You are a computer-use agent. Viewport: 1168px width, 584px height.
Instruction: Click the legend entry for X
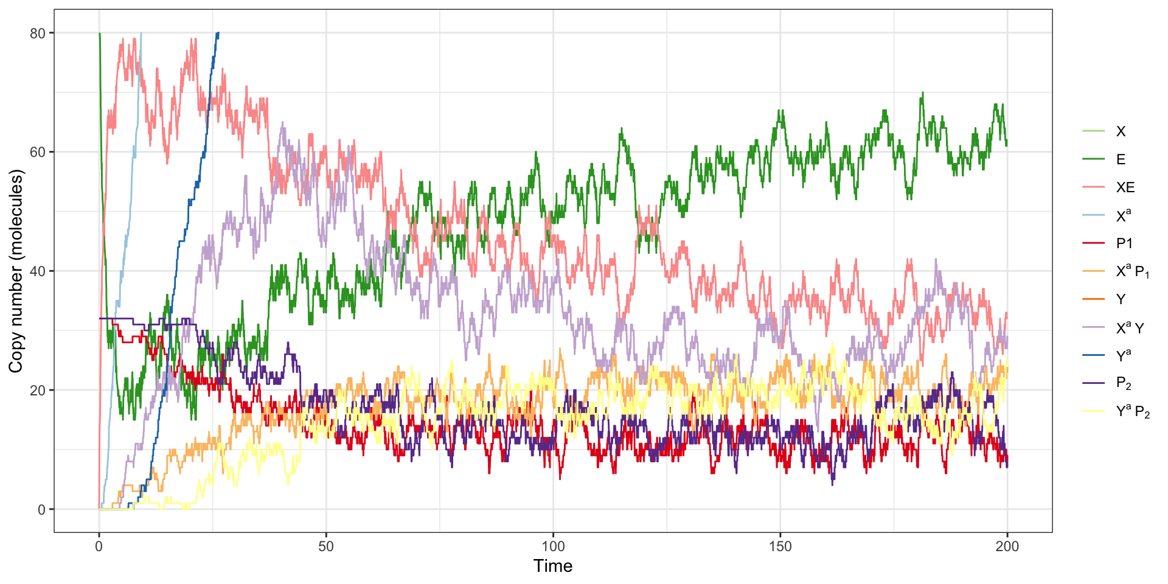1121,131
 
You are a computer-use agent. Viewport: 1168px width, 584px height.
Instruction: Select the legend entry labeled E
1121,159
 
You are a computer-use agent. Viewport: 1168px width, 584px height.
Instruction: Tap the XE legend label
1125,187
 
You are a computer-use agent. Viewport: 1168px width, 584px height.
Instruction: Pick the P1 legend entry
1124,243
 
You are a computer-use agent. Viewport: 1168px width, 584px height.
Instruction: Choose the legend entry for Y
1121,299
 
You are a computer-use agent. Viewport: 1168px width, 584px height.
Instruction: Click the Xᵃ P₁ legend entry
1132,271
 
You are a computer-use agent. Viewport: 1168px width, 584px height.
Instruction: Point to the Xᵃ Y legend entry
1130,328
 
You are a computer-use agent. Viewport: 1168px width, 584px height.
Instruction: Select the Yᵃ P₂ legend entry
1132,412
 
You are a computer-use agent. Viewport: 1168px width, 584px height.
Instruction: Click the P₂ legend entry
1124,384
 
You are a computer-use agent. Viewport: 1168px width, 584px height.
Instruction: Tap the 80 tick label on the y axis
38,33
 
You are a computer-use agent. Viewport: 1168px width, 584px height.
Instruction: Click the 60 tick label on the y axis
38,152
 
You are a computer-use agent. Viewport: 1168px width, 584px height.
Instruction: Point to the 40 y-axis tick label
38,271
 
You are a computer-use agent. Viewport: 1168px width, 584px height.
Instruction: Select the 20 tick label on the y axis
38,391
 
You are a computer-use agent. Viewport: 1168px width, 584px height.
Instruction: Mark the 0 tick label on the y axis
41,510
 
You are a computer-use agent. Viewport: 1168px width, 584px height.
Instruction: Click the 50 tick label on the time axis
326,546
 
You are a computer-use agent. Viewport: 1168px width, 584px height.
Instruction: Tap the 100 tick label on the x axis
553,546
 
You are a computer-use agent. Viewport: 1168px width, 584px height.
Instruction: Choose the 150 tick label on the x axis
780,546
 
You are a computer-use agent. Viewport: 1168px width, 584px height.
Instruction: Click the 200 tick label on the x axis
1007,546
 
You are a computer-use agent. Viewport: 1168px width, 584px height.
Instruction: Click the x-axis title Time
553,566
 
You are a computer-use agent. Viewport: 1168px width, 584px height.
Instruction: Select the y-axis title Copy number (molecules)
16,271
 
